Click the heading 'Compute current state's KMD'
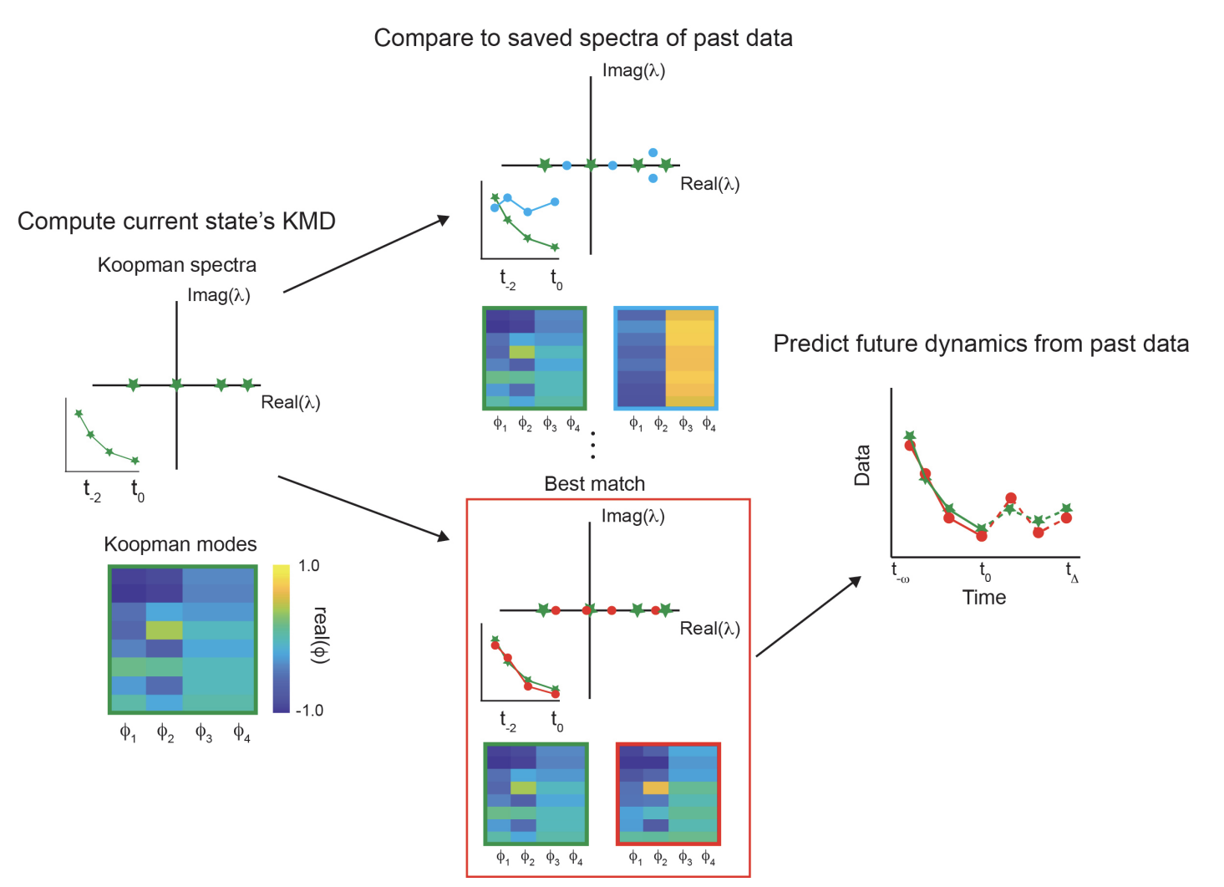click(x=176, y=222)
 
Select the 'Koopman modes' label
click(x=180, y=544)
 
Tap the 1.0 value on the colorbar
click(x=308, y=566)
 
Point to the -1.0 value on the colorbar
click(x=308, y=711)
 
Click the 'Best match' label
click(x=594, y=484)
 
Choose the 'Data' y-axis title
click(x=862, y=466)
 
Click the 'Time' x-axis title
click(x=983, y=598)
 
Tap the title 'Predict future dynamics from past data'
click(x=981, y=344)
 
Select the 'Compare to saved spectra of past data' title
click(x=583, y=38)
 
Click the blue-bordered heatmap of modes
click(x=666, y=358)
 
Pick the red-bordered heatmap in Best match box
click(x=668, y=793)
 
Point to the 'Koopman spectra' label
click(x=177, y=265)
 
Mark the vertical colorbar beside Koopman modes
click(x=281, y=639)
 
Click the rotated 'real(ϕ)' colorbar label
click(x=320, y=635)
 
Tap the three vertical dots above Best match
click(x=593, y=446)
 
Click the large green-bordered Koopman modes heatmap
click(x=182, y=640)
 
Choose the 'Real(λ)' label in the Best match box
click(x=709, y=629)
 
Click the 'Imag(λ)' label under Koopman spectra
click(x=218, y=295)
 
